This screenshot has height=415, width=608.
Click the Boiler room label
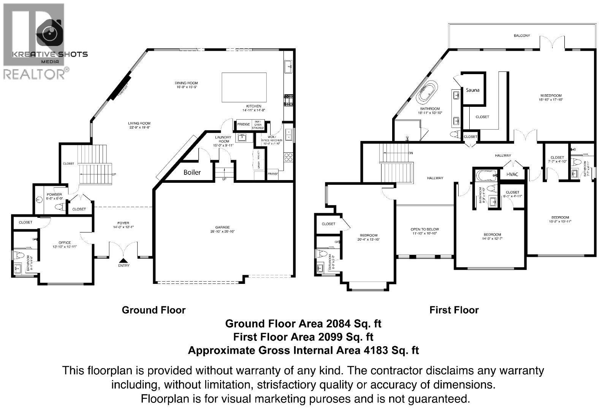pyautogui.click(x=192, y=172)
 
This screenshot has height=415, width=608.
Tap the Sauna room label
pyautogui.click(x=472, y=90)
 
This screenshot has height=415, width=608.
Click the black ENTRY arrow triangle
pyautogui.click(x=123, y=260)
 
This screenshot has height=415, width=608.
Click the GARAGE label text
pyautogui.click(x=222, y=227)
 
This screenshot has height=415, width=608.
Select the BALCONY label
pyautogui.click(x=522, y=36)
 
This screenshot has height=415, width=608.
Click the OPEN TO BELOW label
pyautogui.click(x=424, y=229)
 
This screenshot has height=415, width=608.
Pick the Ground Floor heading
pyautogui.click(x=154, y=310)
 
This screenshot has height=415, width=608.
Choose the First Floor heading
pyautogui.click(x=454, y=310)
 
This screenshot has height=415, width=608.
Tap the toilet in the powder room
pyautogui.click(x=60, y=207)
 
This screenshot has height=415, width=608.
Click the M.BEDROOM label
pyautogui.click(x=551, y=95)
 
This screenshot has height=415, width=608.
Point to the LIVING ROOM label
pyautogui.click(x=139, y=123)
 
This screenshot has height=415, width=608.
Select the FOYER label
pyautogui.click(x=123, y=223)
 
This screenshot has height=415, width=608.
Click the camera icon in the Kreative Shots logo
pyautogui.click(x=50, y=33)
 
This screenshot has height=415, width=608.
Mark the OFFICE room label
pyautogui.click(x=65, y=242)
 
